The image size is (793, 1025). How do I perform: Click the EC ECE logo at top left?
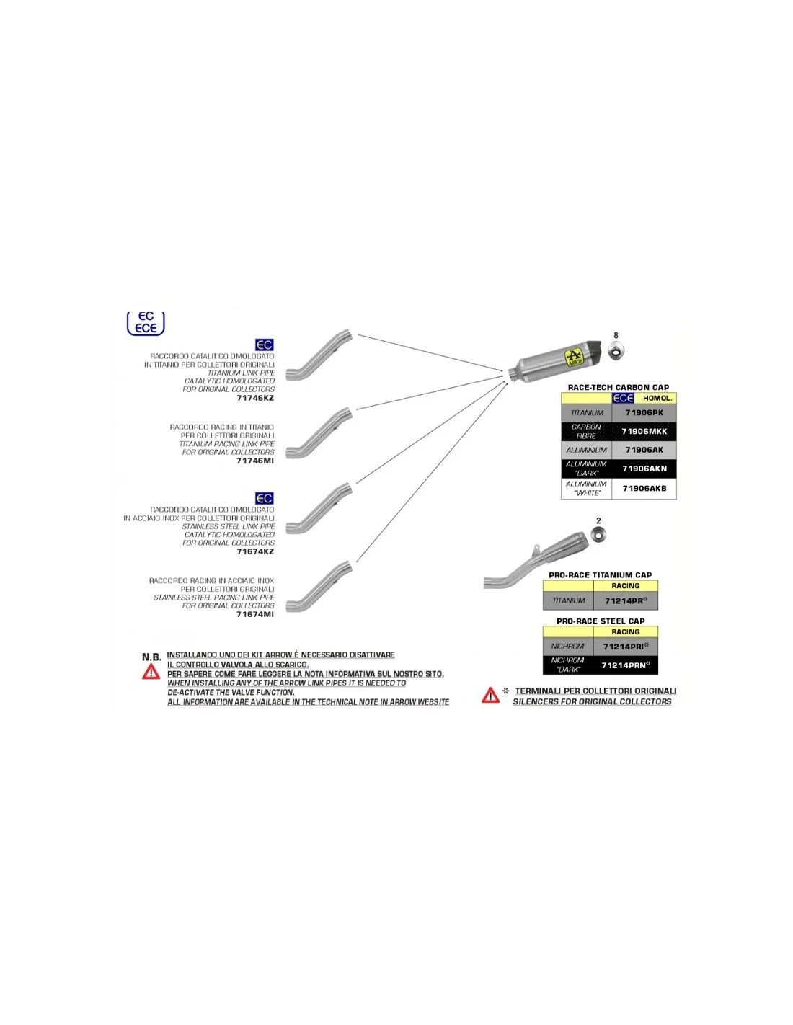tap(146, 323)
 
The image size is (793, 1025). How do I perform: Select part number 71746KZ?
tap(255, 398)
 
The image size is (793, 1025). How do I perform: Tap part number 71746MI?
tap(255, 461)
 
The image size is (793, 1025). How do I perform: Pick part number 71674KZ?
tap(255, 551)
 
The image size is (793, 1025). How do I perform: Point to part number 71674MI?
tap(255, 614)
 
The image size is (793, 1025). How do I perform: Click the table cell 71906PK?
tap(644, 413)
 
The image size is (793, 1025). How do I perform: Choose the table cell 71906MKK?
tap(644, 431)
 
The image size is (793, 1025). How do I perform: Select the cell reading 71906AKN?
tap(644, 469)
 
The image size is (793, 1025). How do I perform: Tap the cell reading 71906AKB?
tap(644, 488)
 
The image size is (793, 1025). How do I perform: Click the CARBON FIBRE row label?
tap(586, 431)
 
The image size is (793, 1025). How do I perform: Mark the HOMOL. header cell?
tap(657, 398)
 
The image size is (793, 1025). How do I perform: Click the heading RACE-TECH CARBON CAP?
tap(618, 387)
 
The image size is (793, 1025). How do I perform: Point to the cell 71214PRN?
tap(625, 665)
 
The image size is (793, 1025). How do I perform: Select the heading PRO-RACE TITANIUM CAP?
tap(600, 575)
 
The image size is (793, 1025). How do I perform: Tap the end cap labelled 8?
tap(616, 352)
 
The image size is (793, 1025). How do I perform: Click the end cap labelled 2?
tap(598, 535)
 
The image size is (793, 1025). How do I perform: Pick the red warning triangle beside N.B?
tap(151, 672)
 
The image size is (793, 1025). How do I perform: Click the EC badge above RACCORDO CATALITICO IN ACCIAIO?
tap(265, 498)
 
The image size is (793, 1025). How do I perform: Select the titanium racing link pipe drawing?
tap(319, 433)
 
